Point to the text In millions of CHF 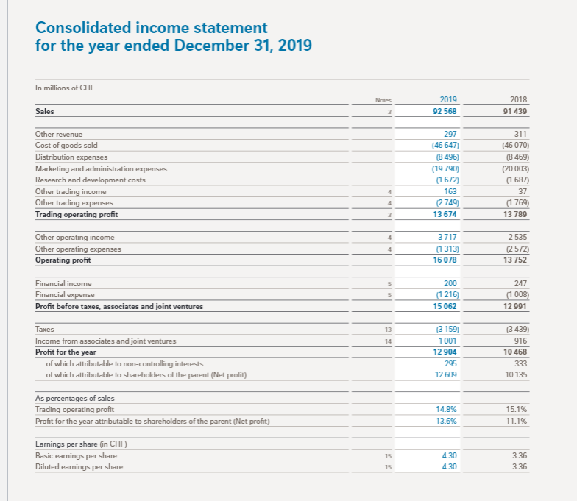(x=66, y=88)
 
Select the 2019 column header (x=447, y=101)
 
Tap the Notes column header (x=381, y=102)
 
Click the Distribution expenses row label (x=71, y=157)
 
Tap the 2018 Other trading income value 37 (x=523, y=191)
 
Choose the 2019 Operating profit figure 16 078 (x=445, y=259)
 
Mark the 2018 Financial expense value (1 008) (x=514, y=294)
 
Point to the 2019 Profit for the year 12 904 (x=445, y=352)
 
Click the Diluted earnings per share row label (x=79, y=466)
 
